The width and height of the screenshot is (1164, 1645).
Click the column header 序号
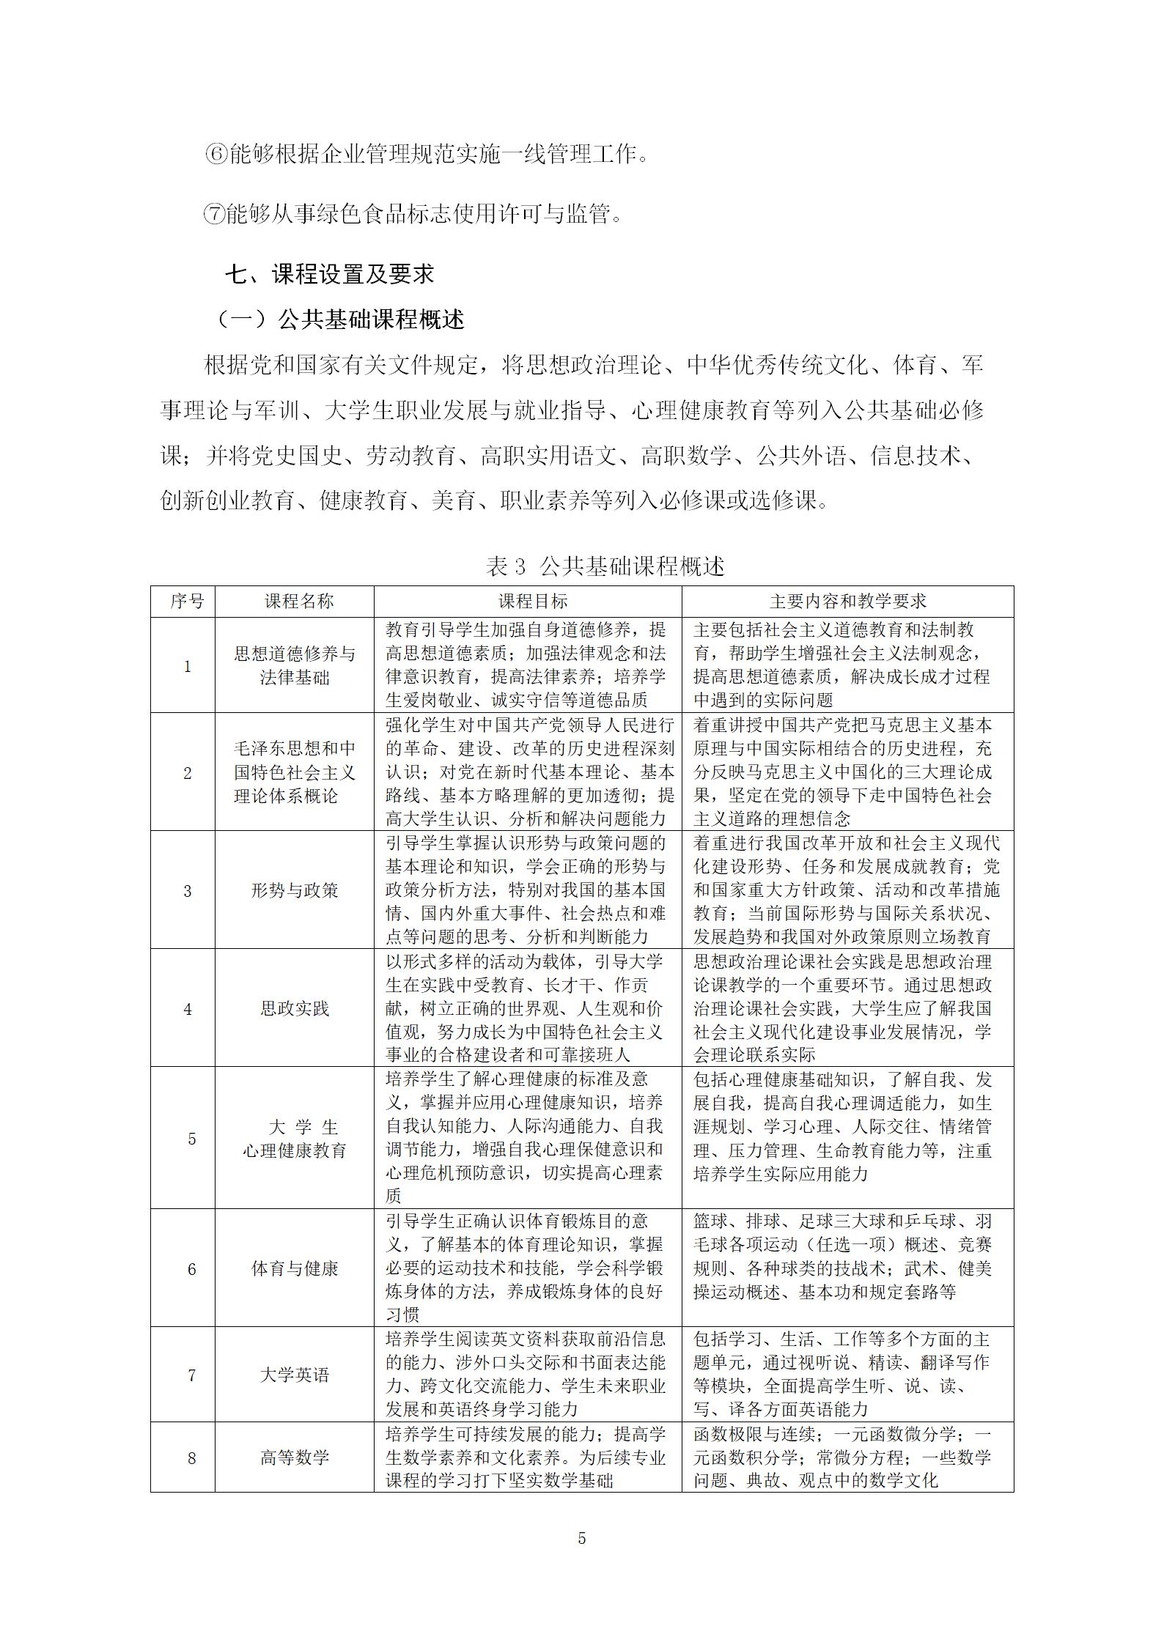(187, 602)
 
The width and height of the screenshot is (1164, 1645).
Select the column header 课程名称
(295, 602)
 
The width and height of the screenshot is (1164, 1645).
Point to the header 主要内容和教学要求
(847, 602)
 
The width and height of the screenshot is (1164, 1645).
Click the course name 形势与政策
(295, 891)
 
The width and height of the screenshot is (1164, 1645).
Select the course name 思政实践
(295, 1009)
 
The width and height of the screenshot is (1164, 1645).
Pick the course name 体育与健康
(295, 1269)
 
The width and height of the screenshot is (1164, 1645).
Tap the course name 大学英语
(295, 1375)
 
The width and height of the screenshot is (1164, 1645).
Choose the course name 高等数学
(295, 1458)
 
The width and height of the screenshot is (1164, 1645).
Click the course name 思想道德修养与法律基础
(295, 665)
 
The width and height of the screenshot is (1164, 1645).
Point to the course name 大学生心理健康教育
(295, 1139)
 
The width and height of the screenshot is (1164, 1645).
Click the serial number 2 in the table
(187, 773)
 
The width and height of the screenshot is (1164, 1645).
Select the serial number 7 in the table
(191, 1375)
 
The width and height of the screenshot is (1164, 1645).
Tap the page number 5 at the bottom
(582, 1538)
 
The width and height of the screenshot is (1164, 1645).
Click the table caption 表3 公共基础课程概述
(605, 566)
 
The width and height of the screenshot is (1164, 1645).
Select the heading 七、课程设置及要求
(329, 274)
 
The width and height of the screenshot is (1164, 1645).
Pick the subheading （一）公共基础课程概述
(340, 319)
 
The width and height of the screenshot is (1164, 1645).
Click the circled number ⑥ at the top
(216, 155)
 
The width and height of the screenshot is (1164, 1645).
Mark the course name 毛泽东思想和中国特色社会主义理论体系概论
(295, 772)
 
